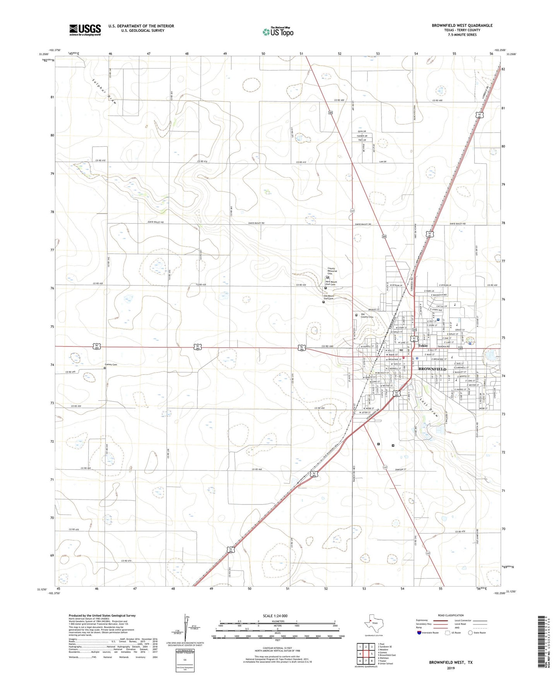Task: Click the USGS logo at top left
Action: click(x=85, y=29)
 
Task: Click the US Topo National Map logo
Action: click(x=278, y=31)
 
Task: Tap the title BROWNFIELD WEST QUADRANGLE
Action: click(x=462, y=26)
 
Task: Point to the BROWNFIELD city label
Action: click(x=432, y=369)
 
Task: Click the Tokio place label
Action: click(x=422, y=346)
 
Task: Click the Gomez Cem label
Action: click(x=111, y=364)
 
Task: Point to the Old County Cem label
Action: click(x=367, y=316)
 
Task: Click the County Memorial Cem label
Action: click(x=332, y=271)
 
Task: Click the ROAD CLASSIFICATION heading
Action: click(x=451, y=615)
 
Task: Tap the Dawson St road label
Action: click(x=401, y=470)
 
